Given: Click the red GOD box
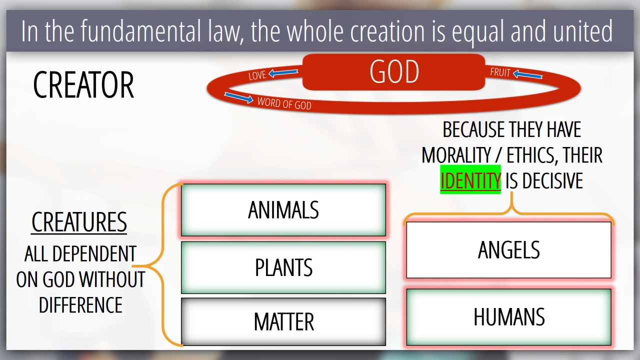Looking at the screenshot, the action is pos(393,72).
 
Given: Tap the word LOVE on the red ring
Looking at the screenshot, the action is pos(257,75).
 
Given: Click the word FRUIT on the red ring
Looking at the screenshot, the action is pos(500,72).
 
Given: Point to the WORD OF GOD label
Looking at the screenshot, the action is pos(284,103).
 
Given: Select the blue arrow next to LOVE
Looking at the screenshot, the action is pos(283,72).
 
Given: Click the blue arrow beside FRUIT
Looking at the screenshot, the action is pos(527,74).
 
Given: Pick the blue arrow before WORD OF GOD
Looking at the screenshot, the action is pos(238,97).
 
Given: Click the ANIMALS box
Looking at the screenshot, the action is pos(283,210).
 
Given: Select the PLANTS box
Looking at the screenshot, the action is pos(283,267).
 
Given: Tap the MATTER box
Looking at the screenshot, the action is pos(283,321).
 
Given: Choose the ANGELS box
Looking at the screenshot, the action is pos(509,250).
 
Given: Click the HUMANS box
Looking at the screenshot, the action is pos(509,317).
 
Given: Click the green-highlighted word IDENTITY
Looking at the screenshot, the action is pos(470,180).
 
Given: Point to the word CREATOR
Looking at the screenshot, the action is pos(83,85).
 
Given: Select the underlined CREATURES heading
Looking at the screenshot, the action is pos(79,222).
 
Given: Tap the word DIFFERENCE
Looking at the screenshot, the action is pos(80,305).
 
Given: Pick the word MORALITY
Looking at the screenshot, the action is pos(456,155).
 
